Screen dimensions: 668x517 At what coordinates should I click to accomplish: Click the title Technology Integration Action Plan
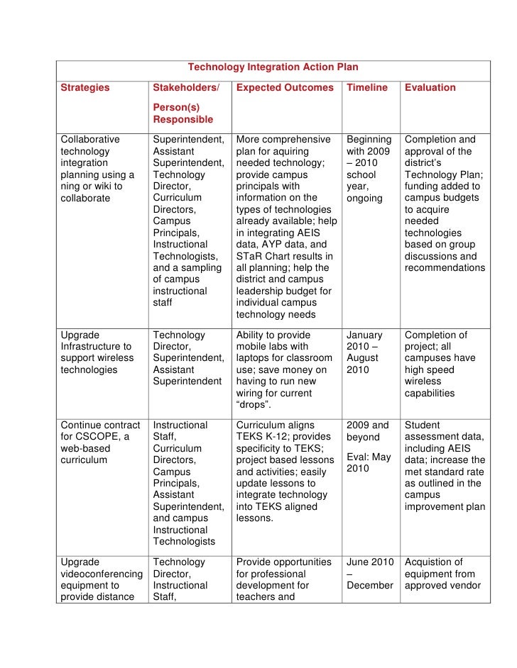pyautogui.click(x=273, y=67)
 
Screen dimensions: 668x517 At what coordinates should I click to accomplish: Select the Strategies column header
pyautogui.click(x=85, y=88)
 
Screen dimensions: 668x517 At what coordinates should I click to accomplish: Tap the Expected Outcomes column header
pyautogui.click(x=284, y=88)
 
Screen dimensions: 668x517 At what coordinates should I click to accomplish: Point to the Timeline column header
pyautogui.click(x=366, y=88)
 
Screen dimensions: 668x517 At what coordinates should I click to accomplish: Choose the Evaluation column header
pyautogui.click(x=430, y=88)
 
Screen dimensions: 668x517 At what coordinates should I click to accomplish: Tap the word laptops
pyautogui.click(x=255, y=358)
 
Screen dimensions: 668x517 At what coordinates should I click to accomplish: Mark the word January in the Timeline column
pyautogui.click(x=364, y=335)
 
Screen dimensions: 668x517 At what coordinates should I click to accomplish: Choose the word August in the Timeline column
pyautogui.click(x=362, y=358)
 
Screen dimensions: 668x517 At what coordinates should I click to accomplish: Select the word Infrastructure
pyautogui.click(x=91, y=346)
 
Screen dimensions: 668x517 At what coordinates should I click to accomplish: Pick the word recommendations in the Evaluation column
pyautogui.click(x=445, y=268)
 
